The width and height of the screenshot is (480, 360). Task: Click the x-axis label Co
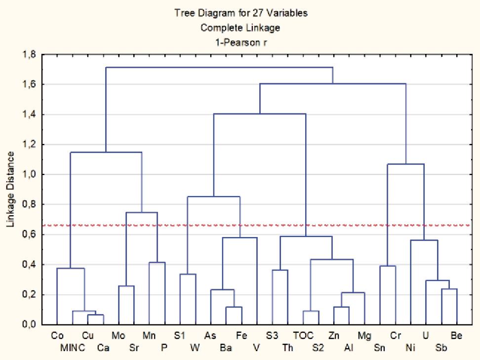click(57, 336)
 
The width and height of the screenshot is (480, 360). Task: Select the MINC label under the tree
click(73, 348)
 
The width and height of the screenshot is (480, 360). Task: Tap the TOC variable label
click(303, 336)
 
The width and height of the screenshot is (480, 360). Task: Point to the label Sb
click(441, 348)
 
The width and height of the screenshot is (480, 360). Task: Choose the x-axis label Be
click(457, 336)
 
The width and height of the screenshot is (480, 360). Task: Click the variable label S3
click(272, 336)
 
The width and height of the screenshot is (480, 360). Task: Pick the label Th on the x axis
click(288, 348)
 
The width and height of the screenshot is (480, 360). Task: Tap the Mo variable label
click(119, 336)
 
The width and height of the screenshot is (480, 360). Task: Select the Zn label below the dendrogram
click(334, 336)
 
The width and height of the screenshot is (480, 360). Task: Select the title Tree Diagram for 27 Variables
click(240, 13)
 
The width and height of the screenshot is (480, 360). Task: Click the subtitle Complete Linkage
click(240, 28)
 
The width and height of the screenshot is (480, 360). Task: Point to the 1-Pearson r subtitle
click(240, 42)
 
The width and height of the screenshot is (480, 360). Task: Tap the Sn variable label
click(380, 348)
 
